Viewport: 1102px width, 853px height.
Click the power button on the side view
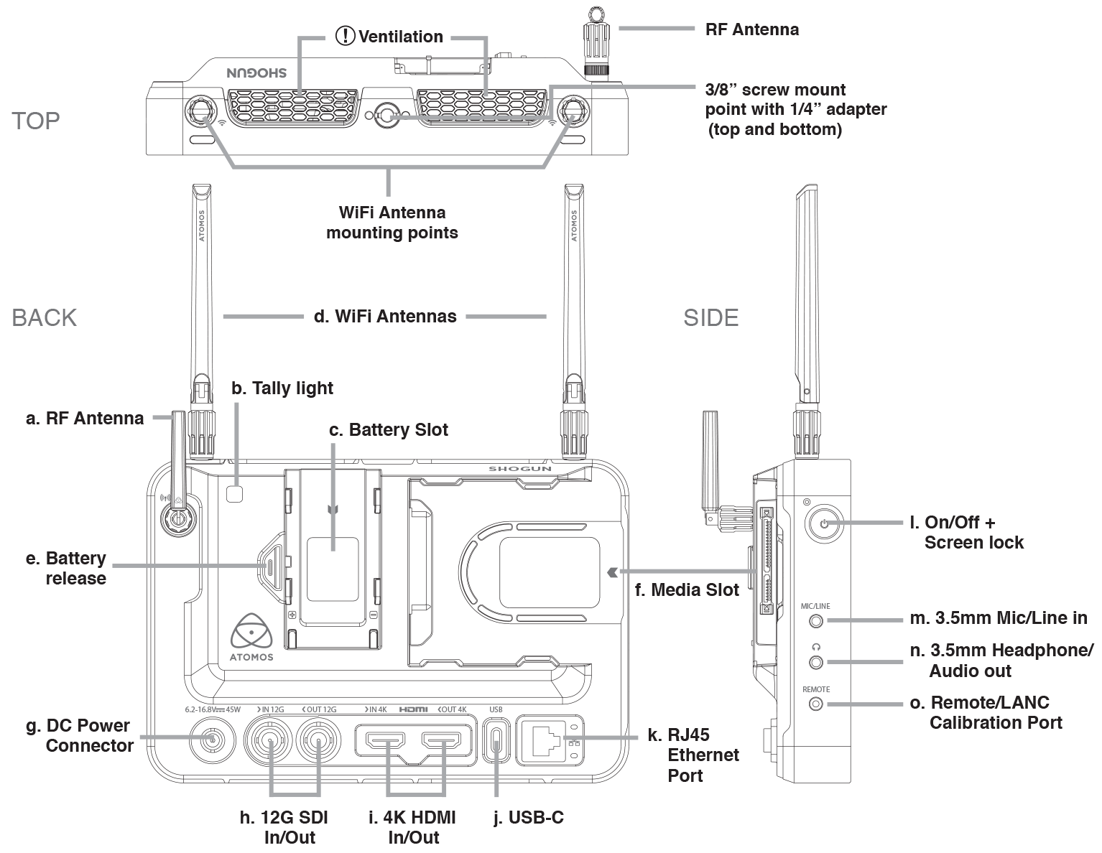(x=823, y=523)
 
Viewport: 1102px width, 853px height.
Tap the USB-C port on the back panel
(x=496, y=741)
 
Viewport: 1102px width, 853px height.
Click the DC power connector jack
(x=212, y=740)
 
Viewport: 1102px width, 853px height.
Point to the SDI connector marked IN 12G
(x=268, y=740)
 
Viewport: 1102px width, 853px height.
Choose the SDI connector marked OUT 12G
(x=318, y=740)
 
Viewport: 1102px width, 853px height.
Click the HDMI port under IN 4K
(x=386, y=742)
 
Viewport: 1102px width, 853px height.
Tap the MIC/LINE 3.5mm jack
(x=815, y=620)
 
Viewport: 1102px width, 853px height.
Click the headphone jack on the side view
(x=815, y=662)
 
